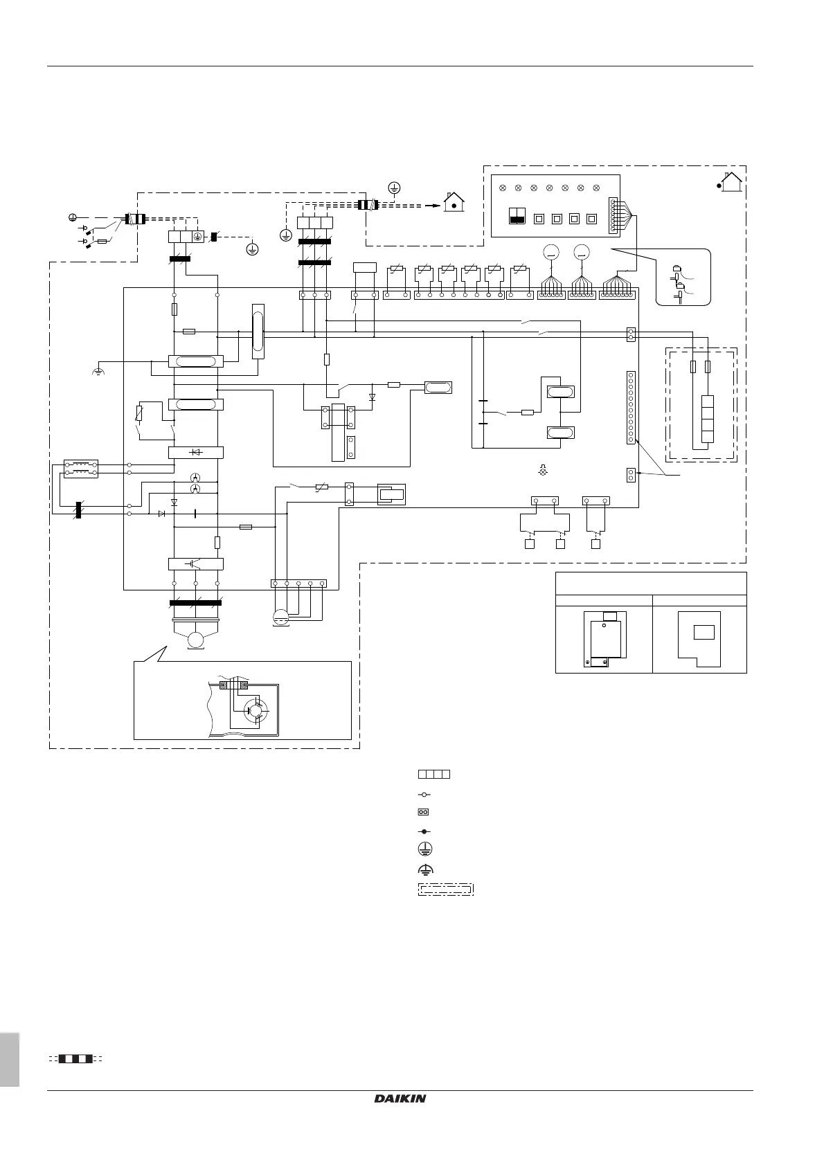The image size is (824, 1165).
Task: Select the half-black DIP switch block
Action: (x=517, y=215)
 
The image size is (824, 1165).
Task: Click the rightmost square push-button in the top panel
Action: (x=591, y=219)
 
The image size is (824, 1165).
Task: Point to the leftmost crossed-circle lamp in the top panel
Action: (x=503, y=188)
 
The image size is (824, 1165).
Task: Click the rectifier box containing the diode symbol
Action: (x=195, y=453)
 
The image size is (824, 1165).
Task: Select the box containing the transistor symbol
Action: (x=195, y=563)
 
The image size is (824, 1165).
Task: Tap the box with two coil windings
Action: (x=80, y=469)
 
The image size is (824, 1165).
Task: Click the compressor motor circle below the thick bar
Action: (x=195, y=640)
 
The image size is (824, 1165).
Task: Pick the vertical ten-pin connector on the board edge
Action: (x=631, y=407)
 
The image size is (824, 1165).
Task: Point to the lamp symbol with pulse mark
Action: (x=542, y=471)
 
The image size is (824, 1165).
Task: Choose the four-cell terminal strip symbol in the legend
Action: (x=434, y=773)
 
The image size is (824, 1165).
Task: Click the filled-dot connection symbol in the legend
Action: (x=424, y=830)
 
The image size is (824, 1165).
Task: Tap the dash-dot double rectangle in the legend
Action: (x=445, y=889)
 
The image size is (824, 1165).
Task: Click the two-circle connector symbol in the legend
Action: (x=424, y=811)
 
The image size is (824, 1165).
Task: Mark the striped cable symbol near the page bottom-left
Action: (x=75, y=1058)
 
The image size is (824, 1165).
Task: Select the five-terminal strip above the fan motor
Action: (x=298, y=584)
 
